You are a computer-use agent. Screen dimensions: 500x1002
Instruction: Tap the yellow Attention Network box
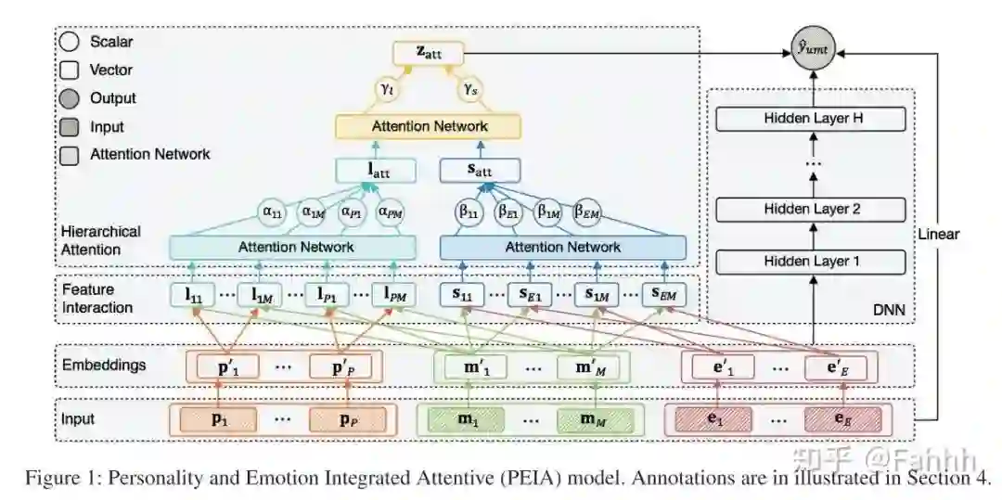[x=429, y=126]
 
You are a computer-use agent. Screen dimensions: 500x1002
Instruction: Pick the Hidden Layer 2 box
[x=810, y=210]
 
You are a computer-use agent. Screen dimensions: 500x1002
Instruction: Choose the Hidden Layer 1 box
[x=810, y=261]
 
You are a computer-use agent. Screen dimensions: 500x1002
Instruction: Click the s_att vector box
[x=479, y=171]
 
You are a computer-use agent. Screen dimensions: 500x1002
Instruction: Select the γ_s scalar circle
[x=471, y=89]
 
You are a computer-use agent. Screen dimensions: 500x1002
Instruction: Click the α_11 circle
[x=273, y=211]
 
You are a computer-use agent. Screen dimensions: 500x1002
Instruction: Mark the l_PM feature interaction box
[x=395, y=295]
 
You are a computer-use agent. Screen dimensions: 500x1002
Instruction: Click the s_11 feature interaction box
[x=463, y=295]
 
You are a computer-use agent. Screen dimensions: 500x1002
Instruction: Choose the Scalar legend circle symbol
[x=69, y=42]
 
